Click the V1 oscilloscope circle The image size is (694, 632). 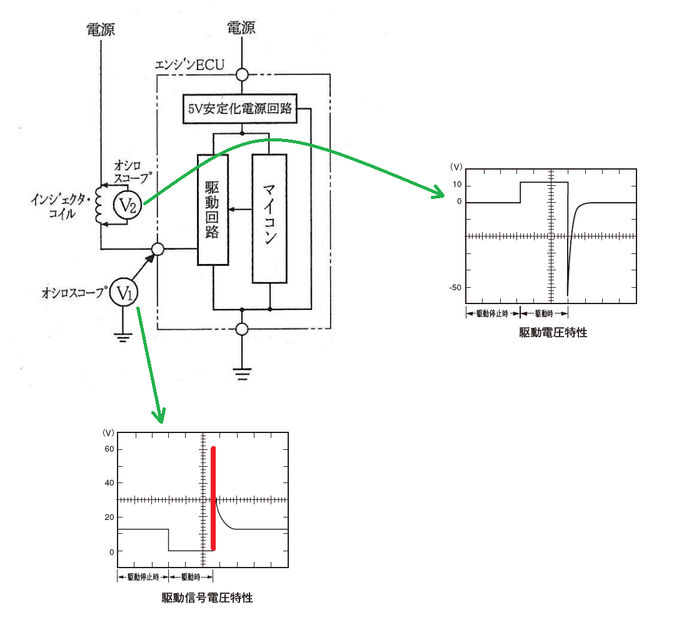coord(124,292)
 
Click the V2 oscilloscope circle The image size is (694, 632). coord(128,205)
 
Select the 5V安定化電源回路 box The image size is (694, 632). coord(240,108)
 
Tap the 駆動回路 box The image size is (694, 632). coord(213,210)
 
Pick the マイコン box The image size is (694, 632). coord(269,218)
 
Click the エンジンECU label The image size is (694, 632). coord(189,65)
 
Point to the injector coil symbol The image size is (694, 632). coord(99,205)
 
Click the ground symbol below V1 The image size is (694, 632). coord(123,338)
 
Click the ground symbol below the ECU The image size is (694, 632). coord(242,374)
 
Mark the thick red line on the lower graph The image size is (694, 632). coord(213,499)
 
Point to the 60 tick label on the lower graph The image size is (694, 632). coord(109,449)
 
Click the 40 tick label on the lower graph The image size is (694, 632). coord(109,482)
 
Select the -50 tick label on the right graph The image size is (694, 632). coord(455,287)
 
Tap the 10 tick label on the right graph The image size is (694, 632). coord(457,184)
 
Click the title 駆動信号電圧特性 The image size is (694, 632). coord(207,598)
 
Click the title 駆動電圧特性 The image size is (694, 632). coord(553,333)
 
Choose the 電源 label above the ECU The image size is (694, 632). coord(241,28)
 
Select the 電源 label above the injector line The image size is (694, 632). coord(101,29)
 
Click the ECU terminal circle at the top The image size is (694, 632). coord(242,74)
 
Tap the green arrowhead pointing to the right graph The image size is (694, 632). coord(439,191)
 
